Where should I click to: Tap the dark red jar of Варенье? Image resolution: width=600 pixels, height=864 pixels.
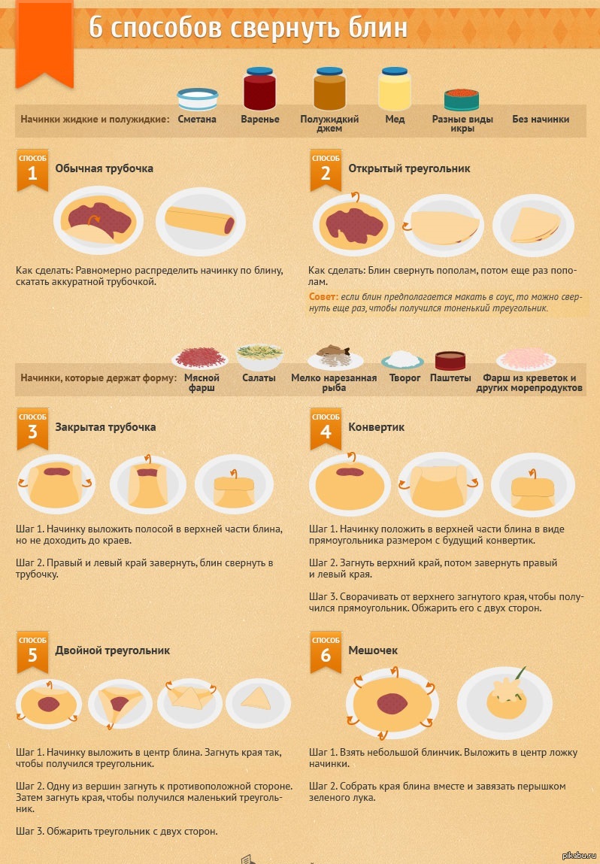259,89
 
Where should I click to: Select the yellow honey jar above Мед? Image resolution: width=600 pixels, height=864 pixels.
395,89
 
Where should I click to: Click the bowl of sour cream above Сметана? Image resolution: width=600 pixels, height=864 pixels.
197,99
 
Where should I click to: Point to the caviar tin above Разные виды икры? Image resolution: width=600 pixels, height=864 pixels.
462,100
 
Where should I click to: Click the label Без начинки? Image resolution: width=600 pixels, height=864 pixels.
541,119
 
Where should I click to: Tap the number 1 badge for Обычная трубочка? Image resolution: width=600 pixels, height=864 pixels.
32,170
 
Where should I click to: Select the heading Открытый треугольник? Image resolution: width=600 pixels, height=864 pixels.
409,168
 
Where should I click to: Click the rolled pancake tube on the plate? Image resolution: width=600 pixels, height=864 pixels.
200,220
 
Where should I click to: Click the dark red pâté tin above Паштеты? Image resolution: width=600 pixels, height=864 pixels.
450,361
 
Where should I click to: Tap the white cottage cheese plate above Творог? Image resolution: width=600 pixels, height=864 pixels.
403,360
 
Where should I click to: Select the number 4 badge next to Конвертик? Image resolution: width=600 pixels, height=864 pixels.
326,429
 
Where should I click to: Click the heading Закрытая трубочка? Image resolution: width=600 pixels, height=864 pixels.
105,427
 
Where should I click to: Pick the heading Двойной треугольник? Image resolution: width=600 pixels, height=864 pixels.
112,650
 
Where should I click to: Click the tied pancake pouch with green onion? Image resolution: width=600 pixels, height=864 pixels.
506,696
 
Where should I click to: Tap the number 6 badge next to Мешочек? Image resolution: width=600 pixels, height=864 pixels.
326,653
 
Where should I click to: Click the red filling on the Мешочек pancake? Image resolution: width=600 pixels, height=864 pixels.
392,704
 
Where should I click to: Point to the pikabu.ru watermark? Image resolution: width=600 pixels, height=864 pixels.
579,855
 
